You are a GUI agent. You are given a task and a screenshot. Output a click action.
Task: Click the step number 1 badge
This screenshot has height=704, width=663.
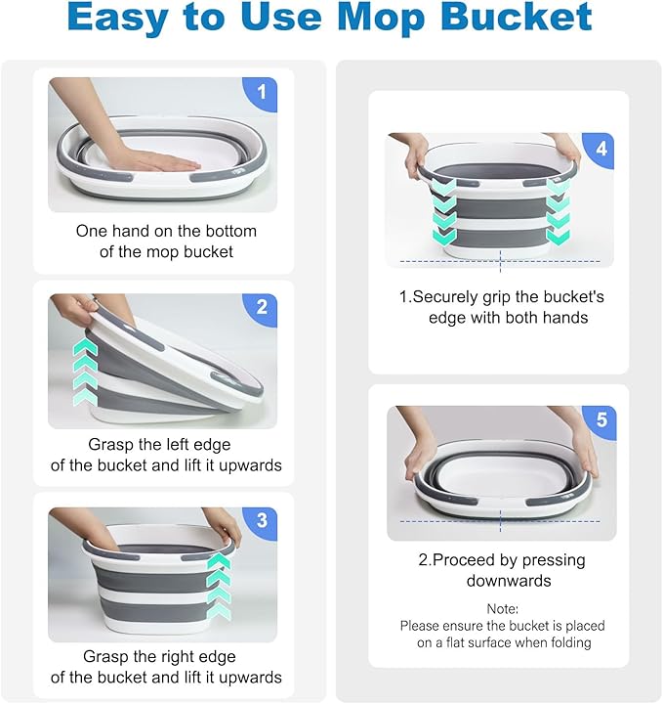click(x=261, y=94)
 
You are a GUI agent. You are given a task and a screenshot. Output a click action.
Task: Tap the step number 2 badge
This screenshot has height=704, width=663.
click(x=261, y=308)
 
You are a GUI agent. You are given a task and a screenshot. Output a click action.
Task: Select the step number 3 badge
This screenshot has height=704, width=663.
click(x=261, y=521)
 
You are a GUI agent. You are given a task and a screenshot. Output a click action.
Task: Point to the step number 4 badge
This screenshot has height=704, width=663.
click(x=601, y=151)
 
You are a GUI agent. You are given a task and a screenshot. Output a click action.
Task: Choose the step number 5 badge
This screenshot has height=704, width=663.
click(x=601, y=420)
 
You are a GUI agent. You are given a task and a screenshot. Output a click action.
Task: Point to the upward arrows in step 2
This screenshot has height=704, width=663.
click(x=85, y=372)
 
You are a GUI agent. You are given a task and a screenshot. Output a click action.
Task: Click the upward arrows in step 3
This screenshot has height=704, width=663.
click(x=220, y=585)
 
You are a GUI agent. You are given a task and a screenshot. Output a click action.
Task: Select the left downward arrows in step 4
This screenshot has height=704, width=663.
click(x=444, y=205)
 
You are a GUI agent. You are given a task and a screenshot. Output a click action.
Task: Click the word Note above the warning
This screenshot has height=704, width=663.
click(x=502, y=608)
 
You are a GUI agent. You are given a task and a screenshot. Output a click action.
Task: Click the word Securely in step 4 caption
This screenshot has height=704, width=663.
click(x=451, y=296)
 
